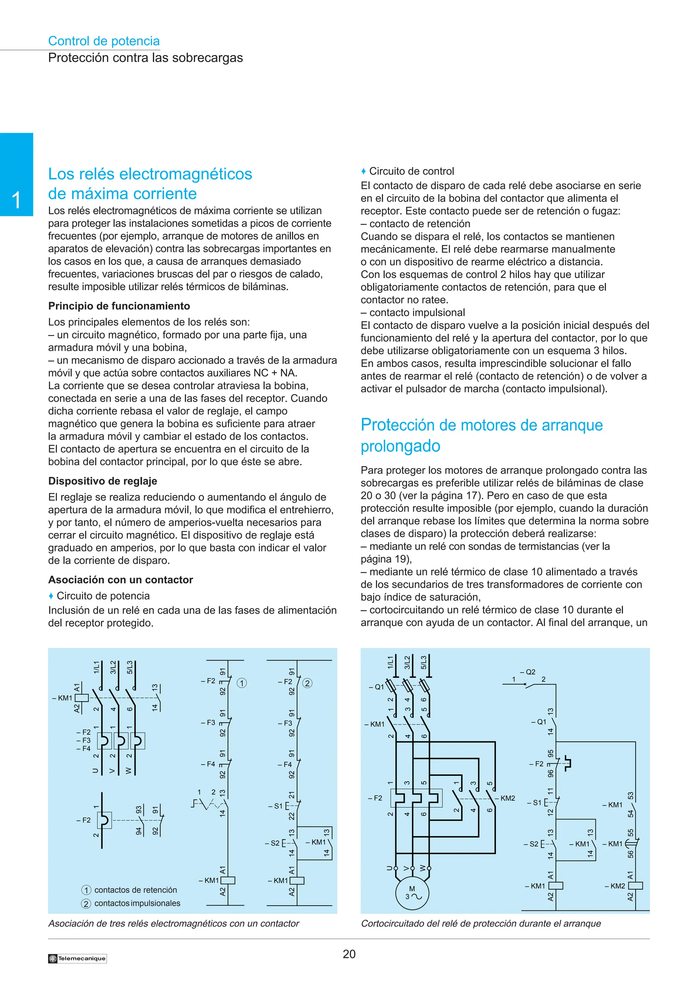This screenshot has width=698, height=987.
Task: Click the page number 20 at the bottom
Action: (349, 954)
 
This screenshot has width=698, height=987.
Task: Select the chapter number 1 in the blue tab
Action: (16, 200)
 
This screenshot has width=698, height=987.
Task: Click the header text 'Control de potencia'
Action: (104, 41)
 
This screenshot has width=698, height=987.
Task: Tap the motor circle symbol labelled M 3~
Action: (412, 893)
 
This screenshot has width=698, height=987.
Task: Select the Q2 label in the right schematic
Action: (530, 672)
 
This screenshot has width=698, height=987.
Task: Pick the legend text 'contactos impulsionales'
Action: (137, 903)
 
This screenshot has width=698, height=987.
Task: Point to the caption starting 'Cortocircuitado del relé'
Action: (481, 923)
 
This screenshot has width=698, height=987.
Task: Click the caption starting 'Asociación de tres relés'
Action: (173, 923)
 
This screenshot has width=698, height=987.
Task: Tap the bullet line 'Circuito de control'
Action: (411, 171)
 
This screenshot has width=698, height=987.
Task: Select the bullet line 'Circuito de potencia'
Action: (103, 595)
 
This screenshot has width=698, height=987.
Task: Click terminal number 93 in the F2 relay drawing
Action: (138, 810)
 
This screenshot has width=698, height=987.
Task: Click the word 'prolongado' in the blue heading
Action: (400, 446)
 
